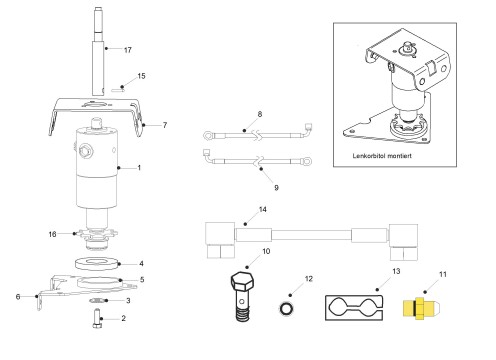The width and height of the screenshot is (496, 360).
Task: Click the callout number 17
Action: pos(128,50)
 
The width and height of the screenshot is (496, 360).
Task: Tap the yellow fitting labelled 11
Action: pos(422,308)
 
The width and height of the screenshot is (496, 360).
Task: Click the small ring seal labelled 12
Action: pos(286,308)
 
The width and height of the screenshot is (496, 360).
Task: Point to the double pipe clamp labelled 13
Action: pos(354,308)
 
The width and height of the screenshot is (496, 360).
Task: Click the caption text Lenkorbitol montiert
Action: pos(382,156)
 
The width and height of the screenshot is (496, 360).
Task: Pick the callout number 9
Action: pos(276,188)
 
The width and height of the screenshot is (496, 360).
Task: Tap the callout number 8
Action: pos(260,114)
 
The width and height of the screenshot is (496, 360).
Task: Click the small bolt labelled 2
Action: pos(97,319)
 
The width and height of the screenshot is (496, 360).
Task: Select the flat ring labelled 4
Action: pos(97,263)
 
